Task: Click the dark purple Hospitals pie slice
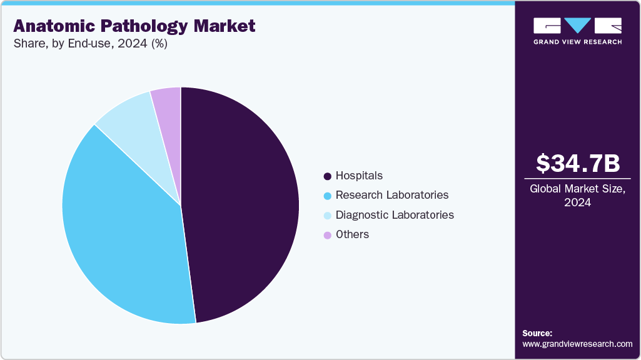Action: click(x=244, y=206)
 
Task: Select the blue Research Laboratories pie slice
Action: click(x=119, y=231)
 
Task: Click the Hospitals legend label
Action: click(x=359, y=176)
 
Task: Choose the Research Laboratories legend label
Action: click(x=391, y=195)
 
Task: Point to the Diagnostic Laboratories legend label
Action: click(x=395, y=215)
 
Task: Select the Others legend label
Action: click(x=352, y=234)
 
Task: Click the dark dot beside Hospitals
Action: click(x=327, y=176)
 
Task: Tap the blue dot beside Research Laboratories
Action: click(x=327, y=196)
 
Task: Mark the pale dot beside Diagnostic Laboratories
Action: click(x=327, y=216)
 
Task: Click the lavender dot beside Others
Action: click(x=327, y=235)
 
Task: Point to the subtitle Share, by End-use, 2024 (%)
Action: click(x=90, y=44)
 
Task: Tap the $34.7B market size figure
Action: click(x=578, y=163)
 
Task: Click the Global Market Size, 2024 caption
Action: click(x=578, y=196)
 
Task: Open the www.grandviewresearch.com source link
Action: click(x=577, y=344)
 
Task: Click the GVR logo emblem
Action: click(x=577, y=26)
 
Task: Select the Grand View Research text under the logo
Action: click(x=577, y=42)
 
